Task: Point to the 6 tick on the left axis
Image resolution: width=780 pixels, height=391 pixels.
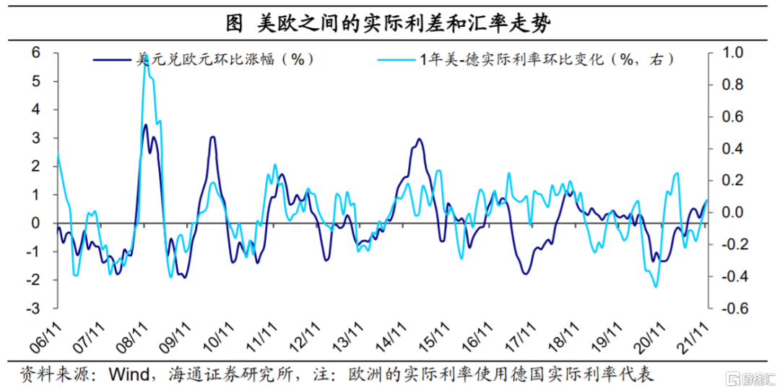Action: point(35,53)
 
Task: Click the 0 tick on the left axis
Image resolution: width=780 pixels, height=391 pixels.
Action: point(35,223)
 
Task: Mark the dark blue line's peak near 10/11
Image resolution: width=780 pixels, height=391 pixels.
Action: point(212,137)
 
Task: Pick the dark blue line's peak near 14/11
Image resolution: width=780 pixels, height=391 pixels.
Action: point(420,139)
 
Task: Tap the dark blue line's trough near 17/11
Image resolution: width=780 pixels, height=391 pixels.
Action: point(526,273)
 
